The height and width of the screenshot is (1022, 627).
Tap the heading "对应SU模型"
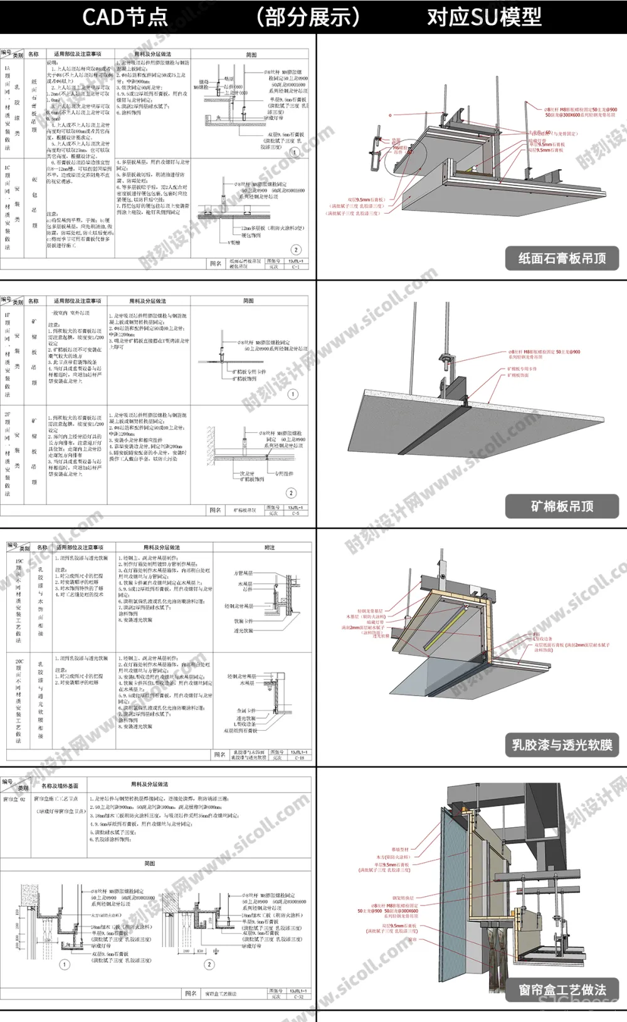click(x=484, y=17)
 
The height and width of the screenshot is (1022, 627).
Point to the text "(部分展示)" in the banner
click(x=308, y=17)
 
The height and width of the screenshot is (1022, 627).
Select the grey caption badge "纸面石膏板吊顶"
click(x=562, y=258)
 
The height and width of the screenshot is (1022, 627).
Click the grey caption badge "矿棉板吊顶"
click(x=562, y=506)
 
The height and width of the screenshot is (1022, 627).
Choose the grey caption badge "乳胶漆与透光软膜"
click(x=562, y=744)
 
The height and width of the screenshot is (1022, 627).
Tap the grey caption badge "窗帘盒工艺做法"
click(x=562, y=989)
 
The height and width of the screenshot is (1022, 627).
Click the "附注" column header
click(x=269, y=548)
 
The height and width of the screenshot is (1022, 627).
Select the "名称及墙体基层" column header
click(x=60, y=785)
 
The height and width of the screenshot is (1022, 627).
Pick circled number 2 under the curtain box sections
click(x=209, y=964)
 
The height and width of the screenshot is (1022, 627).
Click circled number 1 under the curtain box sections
click(x=64, y=964)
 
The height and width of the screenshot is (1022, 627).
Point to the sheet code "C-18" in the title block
click(x=299, y=758)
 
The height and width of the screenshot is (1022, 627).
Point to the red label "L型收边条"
click(x=543, y=639)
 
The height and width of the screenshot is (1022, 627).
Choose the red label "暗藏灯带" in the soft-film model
click(x=374, y=622)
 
